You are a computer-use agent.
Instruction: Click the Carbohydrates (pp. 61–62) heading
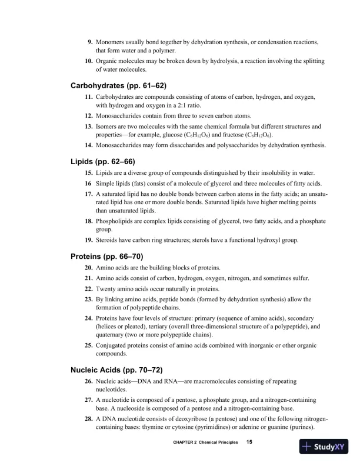(x=118, y=85)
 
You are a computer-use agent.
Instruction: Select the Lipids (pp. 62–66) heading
(x=101, y=160)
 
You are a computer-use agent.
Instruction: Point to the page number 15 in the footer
(x=249, y=442)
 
